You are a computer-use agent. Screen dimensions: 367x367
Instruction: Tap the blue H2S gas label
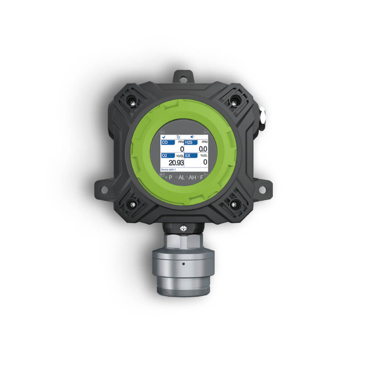tap(191, 142)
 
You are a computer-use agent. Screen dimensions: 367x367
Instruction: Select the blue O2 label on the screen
tap(167, 156)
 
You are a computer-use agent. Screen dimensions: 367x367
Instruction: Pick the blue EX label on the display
tap(191, 156)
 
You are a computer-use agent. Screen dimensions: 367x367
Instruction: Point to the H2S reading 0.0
tap(203, 149)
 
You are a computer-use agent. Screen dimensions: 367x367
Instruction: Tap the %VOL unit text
tap(180, 156)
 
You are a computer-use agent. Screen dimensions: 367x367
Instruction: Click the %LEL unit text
tap(204, 156)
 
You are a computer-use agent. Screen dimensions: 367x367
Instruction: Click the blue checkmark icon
tap(164, 137)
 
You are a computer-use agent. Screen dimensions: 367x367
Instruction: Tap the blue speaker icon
tap(192, 137)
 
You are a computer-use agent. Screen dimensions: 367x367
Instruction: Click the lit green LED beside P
tap(166, 177)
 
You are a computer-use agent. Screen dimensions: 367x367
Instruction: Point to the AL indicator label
tap(181, 177)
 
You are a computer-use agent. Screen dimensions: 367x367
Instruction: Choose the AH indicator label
tap(192, 177)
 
